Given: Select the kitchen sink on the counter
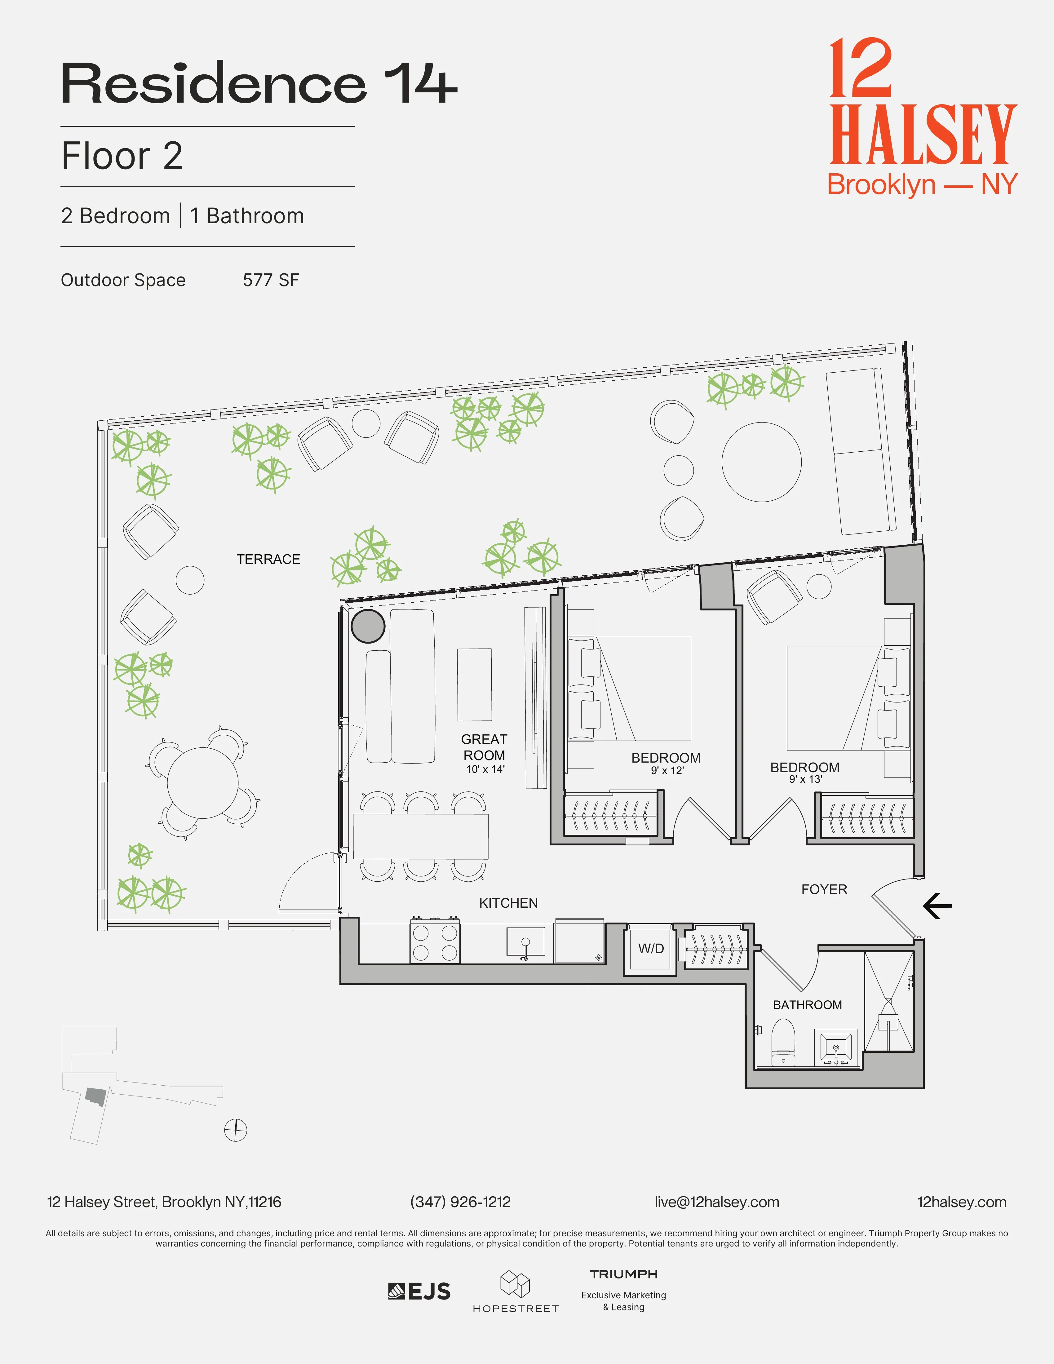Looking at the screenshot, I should point(525,942).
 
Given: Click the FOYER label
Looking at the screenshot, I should point(824,889).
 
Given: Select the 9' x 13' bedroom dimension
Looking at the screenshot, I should point(805,779).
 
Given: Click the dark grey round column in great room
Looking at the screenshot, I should point(368,626).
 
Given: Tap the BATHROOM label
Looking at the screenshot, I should point(807,1004).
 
